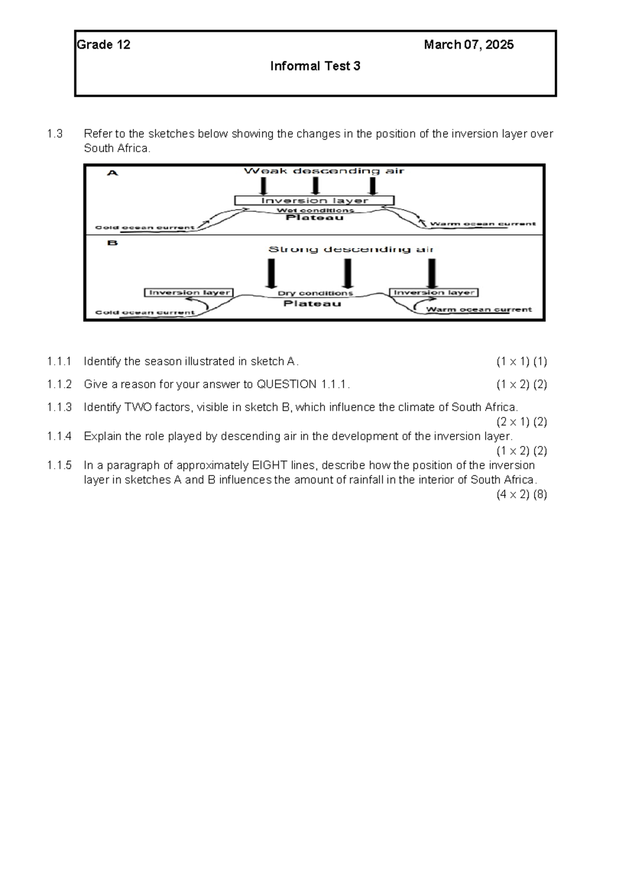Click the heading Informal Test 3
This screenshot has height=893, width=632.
[315, 66]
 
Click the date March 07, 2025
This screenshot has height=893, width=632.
[469, 45]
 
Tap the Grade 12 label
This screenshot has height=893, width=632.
[104, 45]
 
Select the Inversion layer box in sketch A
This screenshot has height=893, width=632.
[314, 201]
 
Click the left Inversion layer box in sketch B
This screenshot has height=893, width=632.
[189, 293]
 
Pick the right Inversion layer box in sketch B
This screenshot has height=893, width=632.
[434, 293]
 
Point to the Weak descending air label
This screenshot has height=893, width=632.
[324, 171]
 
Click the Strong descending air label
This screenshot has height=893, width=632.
[351, 249]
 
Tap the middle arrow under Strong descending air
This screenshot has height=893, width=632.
[348, 274]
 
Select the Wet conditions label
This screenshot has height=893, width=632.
[315, 210]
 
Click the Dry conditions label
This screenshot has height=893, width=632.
[315, 293]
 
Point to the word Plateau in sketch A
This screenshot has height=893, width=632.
[314, 217]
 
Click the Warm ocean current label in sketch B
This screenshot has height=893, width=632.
[479, 310]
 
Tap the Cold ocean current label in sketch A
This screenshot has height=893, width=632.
[145, 228]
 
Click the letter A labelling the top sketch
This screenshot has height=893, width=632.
[113, 173]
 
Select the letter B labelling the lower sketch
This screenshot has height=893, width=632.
[112, 243]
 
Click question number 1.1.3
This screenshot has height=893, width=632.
[59, 408]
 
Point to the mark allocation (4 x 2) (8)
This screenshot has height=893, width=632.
[521, 494]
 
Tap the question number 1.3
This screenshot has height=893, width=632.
[54, 134]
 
